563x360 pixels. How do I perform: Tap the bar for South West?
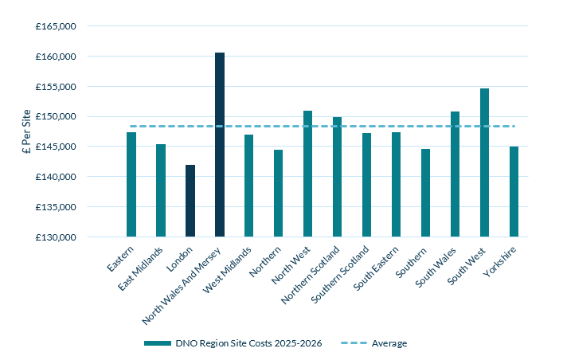pos(484,162)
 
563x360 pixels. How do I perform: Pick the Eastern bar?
pos(131,184)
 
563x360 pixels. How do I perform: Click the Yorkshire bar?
pos(514,191)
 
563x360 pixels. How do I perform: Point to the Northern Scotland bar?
pos(337,177)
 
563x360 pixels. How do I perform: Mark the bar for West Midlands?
pos(249,186)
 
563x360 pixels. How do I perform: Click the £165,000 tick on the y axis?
pos(56,26)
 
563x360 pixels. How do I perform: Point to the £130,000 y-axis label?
pos(56,237)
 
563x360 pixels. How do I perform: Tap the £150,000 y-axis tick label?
pos(56,116)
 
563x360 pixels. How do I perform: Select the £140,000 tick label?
pos(56,177)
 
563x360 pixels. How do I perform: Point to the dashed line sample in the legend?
pos(354,343)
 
